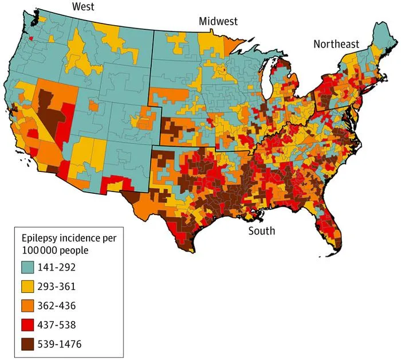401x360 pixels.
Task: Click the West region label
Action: click(84, 6)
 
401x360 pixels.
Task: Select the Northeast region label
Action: click(335, 44)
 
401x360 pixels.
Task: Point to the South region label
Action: click(261, 231)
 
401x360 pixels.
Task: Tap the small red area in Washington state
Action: click(30, 38)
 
